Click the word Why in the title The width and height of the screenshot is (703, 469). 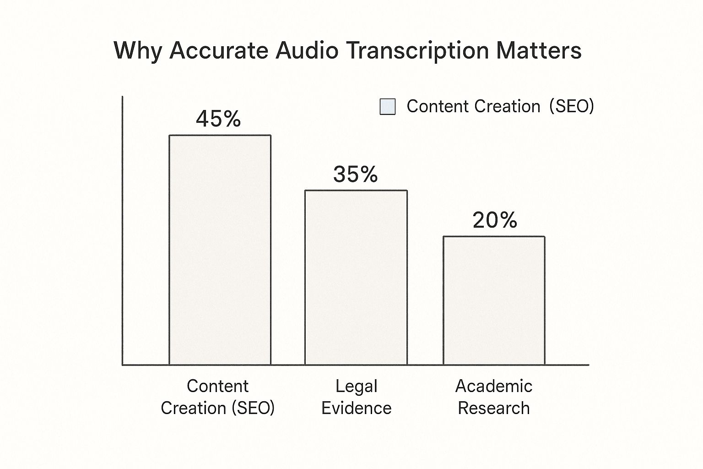tap(137, 50)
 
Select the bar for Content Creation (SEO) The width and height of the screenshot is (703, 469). tap(220, 250)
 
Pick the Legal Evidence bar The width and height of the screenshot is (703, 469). tap(356, 278)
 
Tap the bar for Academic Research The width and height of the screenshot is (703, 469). tap(493, 300)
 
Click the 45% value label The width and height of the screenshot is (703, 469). tap(218, 119)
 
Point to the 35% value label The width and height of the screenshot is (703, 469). tap(356, 175)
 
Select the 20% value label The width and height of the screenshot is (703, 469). tap(495, 220)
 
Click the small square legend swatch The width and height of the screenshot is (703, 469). tap(388, 107)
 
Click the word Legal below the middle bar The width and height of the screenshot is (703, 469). tap(356, 387)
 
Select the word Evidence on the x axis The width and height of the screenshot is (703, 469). tap(356, 408)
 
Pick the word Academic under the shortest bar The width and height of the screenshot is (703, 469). tap(493, 386)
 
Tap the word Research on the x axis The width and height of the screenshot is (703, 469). tap(493, 408)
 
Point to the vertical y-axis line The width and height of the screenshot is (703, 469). tap(122, 229)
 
